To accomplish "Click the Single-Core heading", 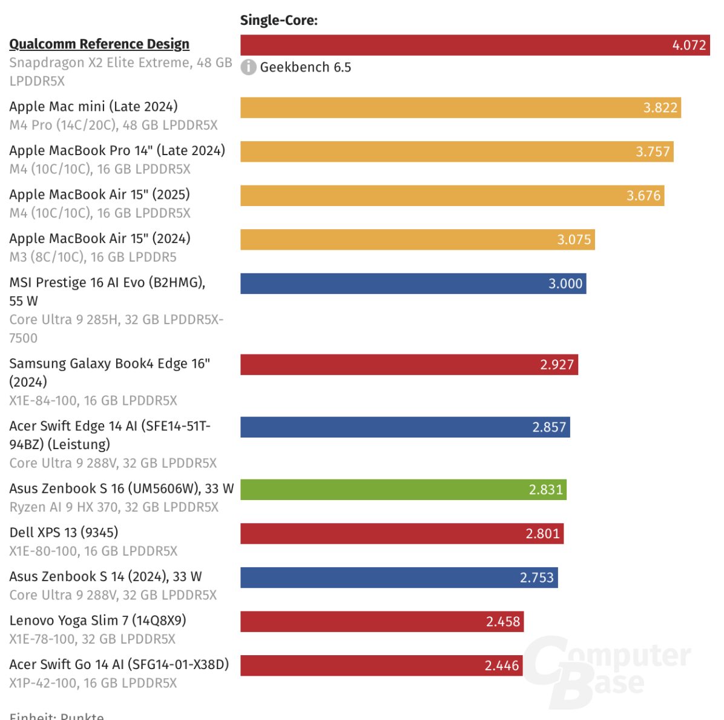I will (x=278, y=20).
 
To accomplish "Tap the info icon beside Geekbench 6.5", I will (x=248, y=67).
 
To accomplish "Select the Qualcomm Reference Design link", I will (x=99, y=44).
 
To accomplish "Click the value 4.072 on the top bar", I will (x=689, y=45).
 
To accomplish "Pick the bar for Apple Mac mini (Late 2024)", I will (x=460, y=108).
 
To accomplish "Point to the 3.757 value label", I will (x=653, y=152).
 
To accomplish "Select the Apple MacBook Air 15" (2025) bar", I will (x=452, y=196).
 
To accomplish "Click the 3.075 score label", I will (x=574, y=240).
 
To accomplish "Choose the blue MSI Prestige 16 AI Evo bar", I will (x=413, y=284).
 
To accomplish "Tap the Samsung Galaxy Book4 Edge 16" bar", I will (x=409, y=365).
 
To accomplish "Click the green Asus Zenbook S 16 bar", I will (x=403, y=490).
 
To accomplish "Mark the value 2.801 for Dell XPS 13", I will (x=542, y=534).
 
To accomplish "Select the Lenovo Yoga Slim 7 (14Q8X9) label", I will (x=97, y=621).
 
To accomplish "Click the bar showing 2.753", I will (x=399, y=578).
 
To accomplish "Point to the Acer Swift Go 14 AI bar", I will (x=381, y=665).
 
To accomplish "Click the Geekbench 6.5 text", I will (x=305, y=67).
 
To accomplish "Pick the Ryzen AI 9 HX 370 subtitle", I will (x=114, y=507).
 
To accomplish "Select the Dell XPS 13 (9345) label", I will (x=64, y=533).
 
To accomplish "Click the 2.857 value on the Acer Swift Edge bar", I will (x=549, y=427).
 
